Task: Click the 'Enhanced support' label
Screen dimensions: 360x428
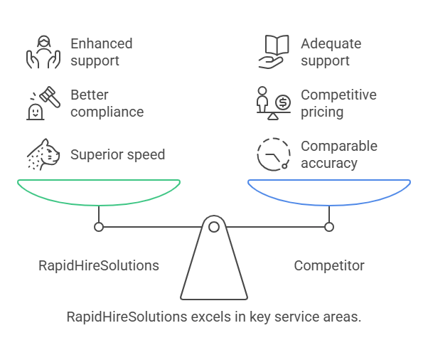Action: point(101,52)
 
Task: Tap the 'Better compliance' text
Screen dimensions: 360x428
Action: point(107,103)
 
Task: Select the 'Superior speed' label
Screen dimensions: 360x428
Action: point(117,154)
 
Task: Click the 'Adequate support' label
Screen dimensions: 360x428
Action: point(331,52)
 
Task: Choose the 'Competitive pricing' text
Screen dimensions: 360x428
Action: point(338,103)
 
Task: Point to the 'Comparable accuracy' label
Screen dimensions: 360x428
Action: point(338,154)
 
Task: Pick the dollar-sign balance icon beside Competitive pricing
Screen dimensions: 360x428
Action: point(274,104)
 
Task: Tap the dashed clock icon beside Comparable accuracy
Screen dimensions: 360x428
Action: point(274,154)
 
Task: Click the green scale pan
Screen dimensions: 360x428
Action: point(99,191)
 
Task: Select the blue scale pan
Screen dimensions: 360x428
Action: point(329,191)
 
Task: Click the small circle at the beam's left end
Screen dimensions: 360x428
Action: point(99,227)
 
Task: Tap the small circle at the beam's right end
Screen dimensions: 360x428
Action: point(329,227)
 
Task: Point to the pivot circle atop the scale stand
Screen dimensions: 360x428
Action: point(214,227)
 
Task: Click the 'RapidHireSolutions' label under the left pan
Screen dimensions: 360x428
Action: point(99,266)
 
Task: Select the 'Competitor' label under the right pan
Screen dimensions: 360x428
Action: point(329,266)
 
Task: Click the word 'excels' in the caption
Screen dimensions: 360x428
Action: point(210,317)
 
